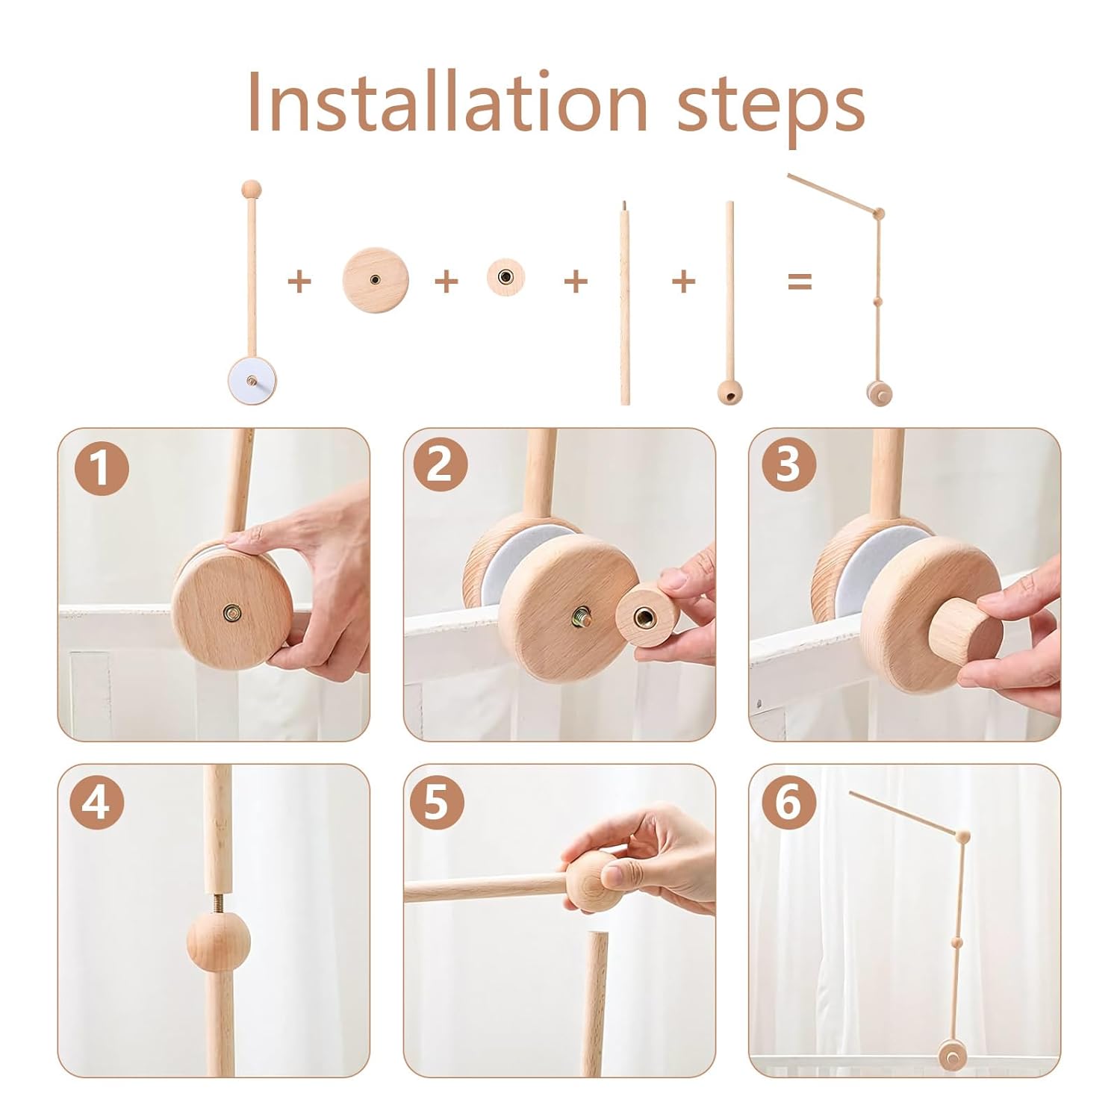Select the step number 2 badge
(x=440, y=464)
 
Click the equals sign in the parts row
(x=799, y=281)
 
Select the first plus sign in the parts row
(x=299, y=281)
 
